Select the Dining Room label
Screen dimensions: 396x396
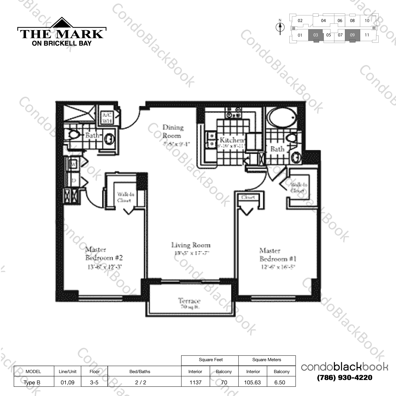(172, 131)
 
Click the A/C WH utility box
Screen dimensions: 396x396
(107, 118)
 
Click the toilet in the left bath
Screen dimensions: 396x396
(73, 135)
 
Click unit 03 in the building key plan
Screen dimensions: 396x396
(316, 35)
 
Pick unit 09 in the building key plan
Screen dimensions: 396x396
(352, 35)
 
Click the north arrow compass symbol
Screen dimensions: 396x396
(280, 27)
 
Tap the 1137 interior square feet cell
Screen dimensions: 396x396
(195, 382)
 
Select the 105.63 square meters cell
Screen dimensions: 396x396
(252, 382)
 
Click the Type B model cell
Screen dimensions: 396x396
(32, 382)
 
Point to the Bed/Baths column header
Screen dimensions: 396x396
(140, 371)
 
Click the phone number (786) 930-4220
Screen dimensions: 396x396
(345, 378)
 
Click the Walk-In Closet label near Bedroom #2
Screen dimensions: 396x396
(126, 197)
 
